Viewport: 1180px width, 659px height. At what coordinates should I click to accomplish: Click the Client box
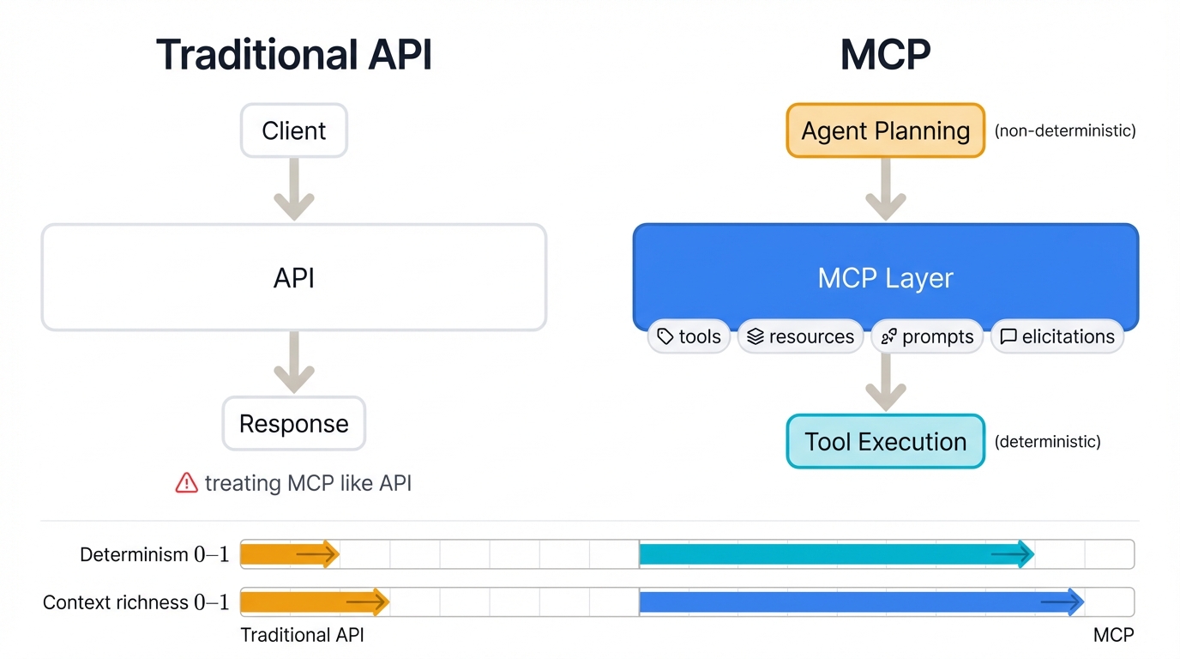(293, 130)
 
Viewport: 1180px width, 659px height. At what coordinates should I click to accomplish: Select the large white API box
(293, 277)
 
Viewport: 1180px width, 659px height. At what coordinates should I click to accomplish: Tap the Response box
(293, 423)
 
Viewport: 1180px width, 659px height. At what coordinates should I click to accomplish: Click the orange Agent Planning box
(885, 130)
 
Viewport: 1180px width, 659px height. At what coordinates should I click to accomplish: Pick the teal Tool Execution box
(885, 441)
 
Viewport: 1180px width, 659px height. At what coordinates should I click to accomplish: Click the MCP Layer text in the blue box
(885, 277)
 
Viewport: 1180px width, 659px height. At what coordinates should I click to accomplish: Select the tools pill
(689, 336)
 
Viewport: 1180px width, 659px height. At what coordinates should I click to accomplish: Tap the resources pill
(800, 336)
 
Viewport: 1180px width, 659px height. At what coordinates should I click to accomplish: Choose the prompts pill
(927, 336)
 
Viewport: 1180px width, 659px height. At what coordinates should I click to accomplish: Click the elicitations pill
(1057, 336)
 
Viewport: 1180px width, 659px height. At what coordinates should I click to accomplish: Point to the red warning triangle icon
(186, 484)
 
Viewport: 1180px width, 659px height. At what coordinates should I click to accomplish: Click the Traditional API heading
(293, 55)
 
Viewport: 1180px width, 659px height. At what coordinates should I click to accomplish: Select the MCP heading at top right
(885, 55)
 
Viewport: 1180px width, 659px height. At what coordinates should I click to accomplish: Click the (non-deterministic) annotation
(1064, 131)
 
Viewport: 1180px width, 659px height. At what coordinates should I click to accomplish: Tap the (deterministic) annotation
(1047, 442)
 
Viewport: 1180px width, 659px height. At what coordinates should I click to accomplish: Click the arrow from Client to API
(293, 190)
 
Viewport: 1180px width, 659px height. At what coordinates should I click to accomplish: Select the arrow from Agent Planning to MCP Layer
(885, 190)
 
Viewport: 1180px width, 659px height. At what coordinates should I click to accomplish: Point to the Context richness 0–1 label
(135, 602)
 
